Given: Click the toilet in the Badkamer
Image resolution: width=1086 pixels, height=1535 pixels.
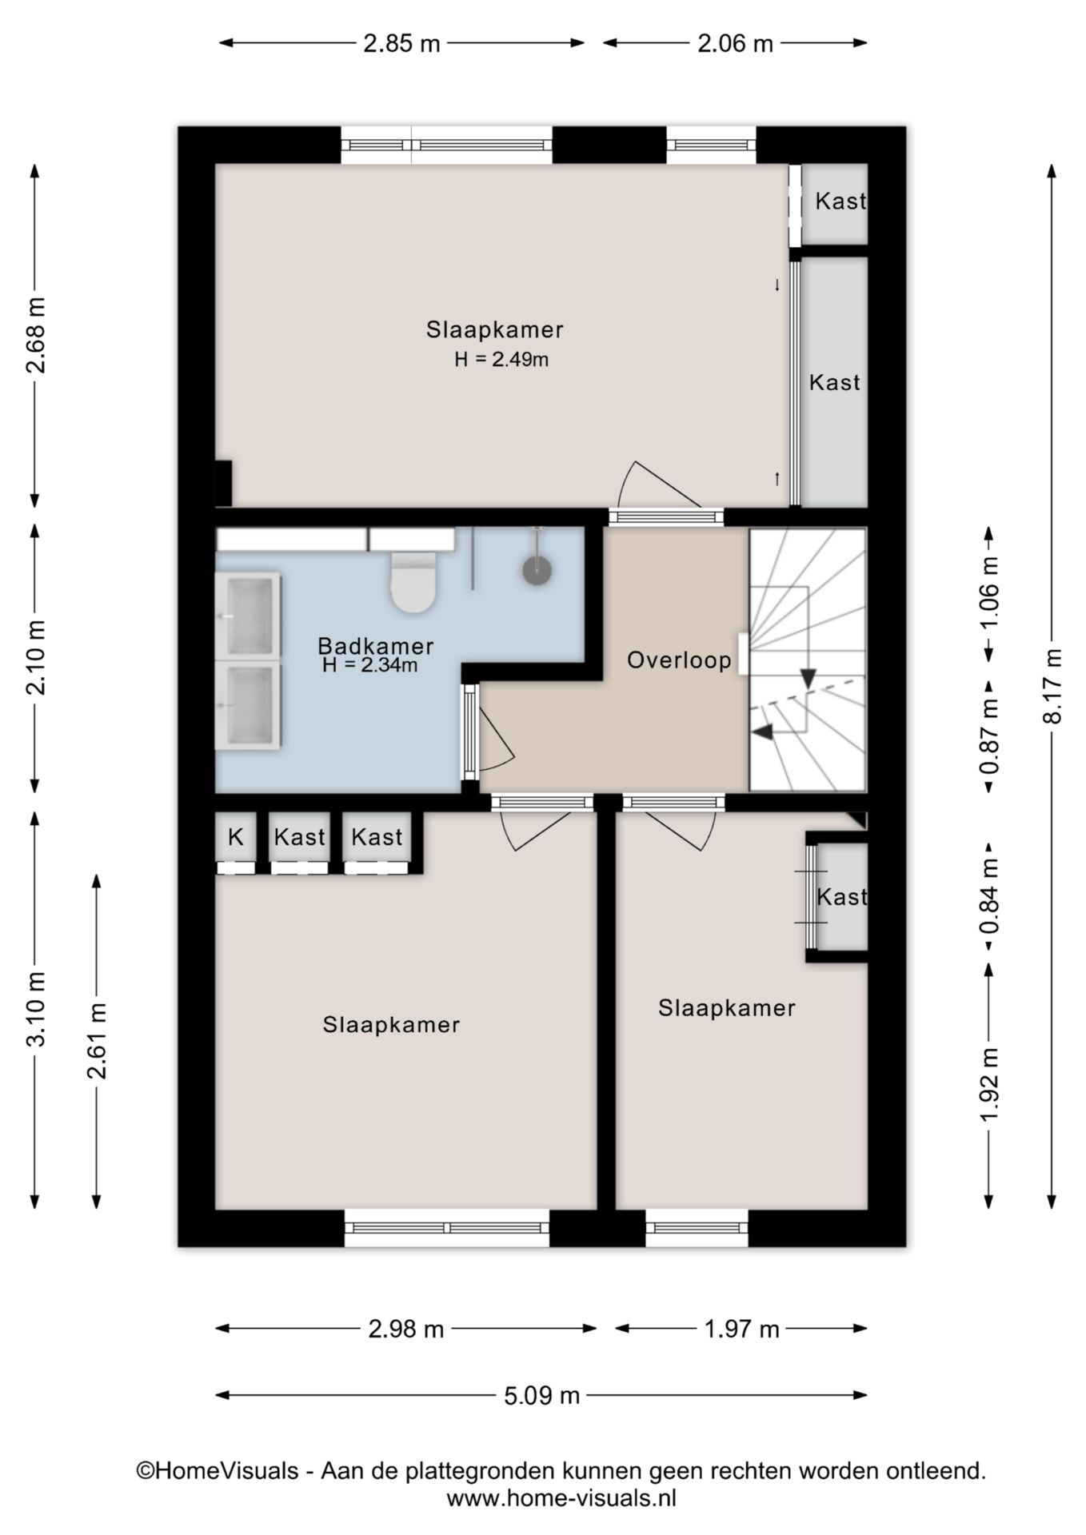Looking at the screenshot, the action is (x=413, y=582).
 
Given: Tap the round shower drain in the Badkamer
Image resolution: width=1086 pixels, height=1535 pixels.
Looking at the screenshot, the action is (x=537, y=569).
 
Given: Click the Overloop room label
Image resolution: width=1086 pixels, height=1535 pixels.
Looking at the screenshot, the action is (x=679, y=660).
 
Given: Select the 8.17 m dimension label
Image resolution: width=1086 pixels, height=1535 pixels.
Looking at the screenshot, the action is (x=1055, y=686).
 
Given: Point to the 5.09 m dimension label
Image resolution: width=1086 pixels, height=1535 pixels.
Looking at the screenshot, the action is (x=541, y=1396).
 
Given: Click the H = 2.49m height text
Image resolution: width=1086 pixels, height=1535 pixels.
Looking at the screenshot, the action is (x=501, y=359).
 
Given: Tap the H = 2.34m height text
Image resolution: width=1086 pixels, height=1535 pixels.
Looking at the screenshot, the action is (x=370, y=665).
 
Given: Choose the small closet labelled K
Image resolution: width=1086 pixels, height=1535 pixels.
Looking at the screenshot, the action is (x=235, y=837).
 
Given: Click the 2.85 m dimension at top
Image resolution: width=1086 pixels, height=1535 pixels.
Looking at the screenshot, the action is (x=401, y=43).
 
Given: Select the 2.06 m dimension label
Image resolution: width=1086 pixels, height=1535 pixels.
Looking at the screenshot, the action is (x=735, y=43).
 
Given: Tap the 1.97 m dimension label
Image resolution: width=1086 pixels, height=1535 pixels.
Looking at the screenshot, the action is (x=741, y=1330).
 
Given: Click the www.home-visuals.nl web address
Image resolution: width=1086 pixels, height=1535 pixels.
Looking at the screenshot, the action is (x=561, y=1497).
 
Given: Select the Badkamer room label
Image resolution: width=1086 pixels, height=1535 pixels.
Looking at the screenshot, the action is (x=376, y=646).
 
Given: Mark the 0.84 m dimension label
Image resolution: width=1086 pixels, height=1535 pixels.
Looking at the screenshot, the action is (x=990, y=896).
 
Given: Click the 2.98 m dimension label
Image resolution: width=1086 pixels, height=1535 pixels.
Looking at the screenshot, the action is (x=405, y=1330).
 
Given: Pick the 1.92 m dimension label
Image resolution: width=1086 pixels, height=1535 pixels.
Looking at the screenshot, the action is (x=990, y=1085).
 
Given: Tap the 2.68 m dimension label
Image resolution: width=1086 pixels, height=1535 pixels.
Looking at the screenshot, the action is (x=35, y=336).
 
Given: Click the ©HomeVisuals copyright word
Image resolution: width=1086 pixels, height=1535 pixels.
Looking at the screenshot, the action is (x=218, y=1470).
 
